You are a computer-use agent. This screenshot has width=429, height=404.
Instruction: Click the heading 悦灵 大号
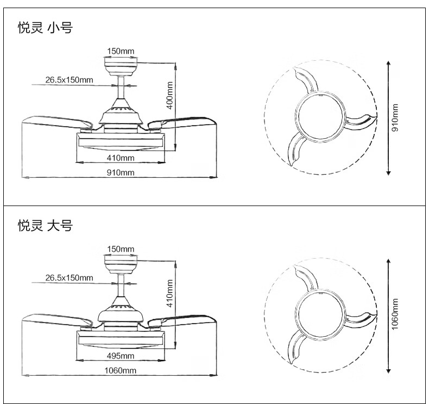point(45,226)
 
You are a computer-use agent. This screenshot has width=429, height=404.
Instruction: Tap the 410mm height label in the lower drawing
point(169,293)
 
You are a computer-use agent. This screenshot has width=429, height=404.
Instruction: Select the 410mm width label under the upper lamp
point(120,158)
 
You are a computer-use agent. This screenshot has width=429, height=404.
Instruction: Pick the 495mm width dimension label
point(120,356)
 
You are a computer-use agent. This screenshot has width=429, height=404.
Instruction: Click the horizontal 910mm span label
point(120,172)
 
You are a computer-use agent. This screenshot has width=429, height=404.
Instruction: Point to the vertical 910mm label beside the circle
point(395,118)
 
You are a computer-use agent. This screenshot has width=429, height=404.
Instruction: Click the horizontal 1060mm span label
point(120,370)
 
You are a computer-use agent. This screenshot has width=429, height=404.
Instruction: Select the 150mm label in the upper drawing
point(121,51)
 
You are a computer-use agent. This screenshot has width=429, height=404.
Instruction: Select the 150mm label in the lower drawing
point(121,249)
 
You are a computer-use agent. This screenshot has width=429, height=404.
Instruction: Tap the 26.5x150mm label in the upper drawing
point(69,80)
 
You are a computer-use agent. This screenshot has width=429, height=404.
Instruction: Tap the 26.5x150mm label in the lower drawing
point(69,278)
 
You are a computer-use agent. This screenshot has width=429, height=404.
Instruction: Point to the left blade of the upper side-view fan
point(49,120)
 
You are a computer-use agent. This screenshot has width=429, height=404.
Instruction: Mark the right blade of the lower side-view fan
point(187,318)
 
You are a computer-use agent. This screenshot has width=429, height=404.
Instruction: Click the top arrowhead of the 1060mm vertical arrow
point(388,261)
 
